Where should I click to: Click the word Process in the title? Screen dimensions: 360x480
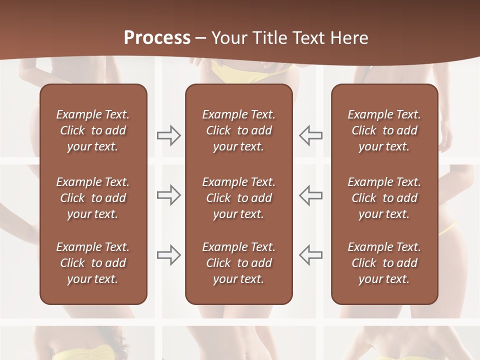pyautogui.click(x=157, y=38)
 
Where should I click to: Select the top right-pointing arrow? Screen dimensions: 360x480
pyautogui.click(x=168, y=135)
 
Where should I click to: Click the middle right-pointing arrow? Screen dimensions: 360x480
pyautogui.click(x=168, y=195)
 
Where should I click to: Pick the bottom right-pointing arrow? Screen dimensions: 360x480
pyautogui.click(x=168, y=254)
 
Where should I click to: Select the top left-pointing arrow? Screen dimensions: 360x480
pyautogui.click(x=311, y=135)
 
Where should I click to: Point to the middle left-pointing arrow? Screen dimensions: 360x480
pyautogui.click(x=311, y=195)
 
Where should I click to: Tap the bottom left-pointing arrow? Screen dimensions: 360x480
pyautogui.click(x=311, y=254)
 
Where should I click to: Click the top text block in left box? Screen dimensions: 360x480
pyautogui.click(x=93, y=130)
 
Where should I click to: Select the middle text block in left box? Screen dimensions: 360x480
pyautogui.click(x=93, y=198)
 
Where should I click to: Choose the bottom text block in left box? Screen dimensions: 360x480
pyautogui.click(x=93, y=263)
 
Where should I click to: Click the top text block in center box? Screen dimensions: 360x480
pyautogui.click(x=239, y=130)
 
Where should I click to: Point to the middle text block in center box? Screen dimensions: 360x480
pyautogui.click(x=239, y=198)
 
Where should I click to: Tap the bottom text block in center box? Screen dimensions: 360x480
pyautogui.click(x=239, y=263)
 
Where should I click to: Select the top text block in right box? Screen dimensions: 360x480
pyautogui.click(x=384, y=130)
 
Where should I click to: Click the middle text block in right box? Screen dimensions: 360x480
pyautogui.click(x=384, y=198)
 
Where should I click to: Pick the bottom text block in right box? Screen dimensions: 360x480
pyautogui.click(x=384, y=263)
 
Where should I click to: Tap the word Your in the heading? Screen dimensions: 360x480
pyautogui.click(x=229, y=38)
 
